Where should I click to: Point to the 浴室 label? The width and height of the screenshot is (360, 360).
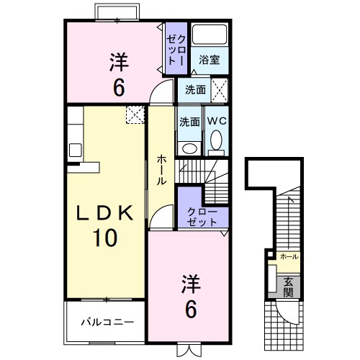click(x=209, y=60)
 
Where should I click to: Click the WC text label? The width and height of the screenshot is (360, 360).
click(x=217, y=121)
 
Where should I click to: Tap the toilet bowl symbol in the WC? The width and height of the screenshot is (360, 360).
click(x=216, y=141)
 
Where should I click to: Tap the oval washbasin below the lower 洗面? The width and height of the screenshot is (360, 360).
click(x=189, y=148)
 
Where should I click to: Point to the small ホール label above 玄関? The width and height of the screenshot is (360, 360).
click(x=288, y=256)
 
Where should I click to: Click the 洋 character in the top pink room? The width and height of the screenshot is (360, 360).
click(x=120, y=62)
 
